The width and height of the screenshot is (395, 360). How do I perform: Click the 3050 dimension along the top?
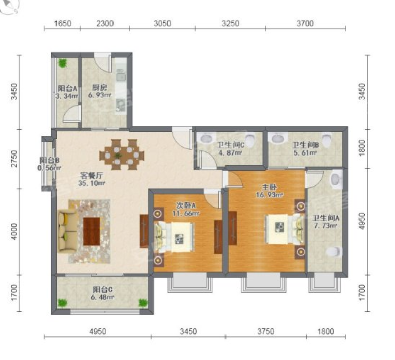pos(162,23)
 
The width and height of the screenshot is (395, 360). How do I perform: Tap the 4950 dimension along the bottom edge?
pos(98,331)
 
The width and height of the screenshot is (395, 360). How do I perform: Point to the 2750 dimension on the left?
pos(14,159)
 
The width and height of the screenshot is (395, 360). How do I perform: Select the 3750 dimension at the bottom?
pos(266,331)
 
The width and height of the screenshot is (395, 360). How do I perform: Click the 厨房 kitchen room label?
pos(100,88)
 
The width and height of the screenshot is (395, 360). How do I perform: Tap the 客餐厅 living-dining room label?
pos(91,175)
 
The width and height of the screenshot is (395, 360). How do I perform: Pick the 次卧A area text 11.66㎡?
pos(186,213)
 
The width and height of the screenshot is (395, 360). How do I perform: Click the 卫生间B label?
pos(305,145)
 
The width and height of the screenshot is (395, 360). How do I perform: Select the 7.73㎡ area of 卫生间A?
pos(325,226)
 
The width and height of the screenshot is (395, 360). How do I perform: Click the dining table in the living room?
pos(122,155)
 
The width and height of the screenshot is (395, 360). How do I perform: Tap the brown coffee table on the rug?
pos(91,231)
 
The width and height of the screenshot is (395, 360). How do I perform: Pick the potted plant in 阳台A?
pos(62,63)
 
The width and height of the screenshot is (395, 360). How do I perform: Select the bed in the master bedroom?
pos(285,229)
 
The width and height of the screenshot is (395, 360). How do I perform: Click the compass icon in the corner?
pos(10,6)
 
